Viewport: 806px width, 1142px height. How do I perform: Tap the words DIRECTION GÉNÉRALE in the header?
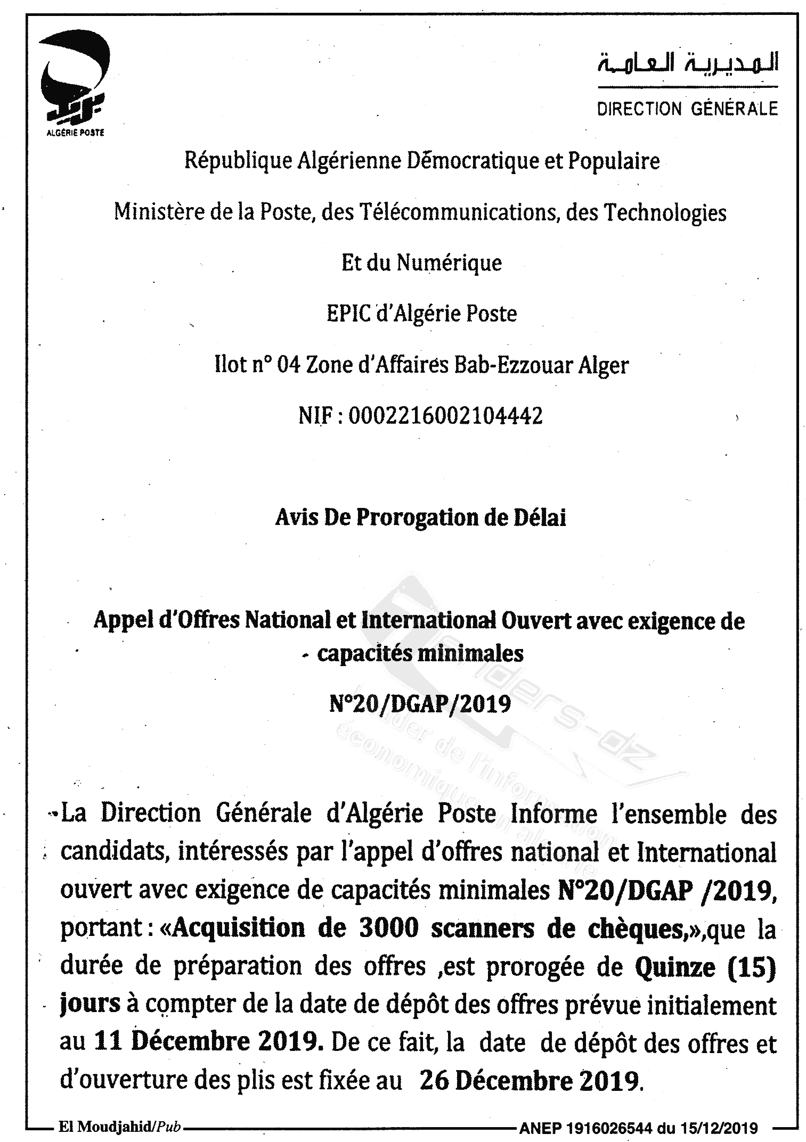click(687, 109)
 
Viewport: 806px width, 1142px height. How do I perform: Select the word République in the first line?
click(239, 160)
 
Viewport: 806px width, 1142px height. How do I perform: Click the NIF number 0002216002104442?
click(445, 415)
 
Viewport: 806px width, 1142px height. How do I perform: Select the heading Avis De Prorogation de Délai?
click(420, 517)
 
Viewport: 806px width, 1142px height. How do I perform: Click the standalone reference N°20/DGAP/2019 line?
click(420, 704)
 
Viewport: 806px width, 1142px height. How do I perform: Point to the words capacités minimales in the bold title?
click(420, 653)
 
